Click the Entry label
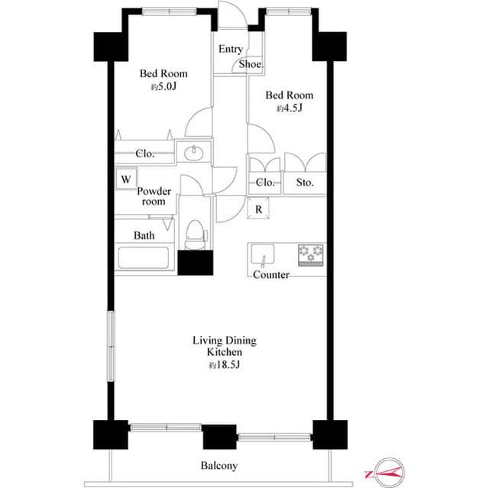231,49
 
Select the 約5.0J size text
163,87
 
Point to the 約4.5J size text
289,108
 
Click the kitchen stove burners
310,253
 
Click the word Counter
271,274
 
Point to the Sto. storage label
305,182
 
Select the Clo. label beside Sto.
265,182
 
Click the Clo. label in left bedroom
144,154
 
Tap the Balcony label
219,465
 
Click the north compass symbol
384,473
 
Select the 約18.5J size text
225,365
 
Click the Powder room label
154,196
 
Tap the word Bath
144,235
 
